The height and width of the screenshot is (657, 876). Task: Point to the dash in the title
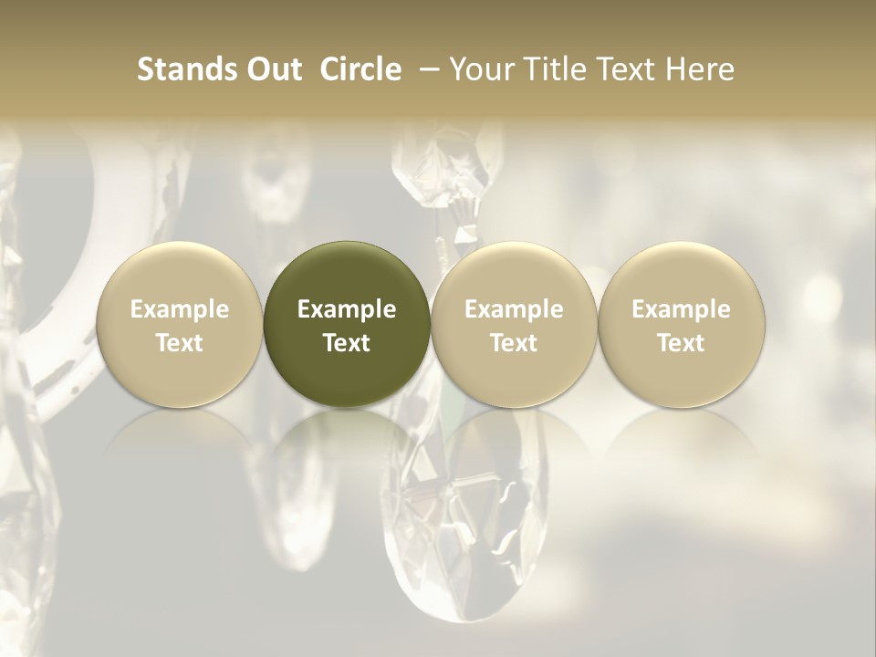[x=426, y=70]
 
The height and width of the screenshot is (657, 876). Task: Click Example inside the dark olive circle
[x=347, y=309]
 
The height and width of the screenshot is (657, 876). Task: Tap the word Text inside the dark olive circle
[x=347, y=343]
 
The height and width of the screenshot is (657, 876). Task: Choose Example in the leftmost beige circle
[x=180, y=309]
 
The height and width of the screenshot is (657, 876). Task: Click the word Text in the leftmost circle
[x=180, y=343]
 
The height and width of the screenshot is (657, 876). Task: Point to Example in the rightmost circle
[x=681, y=309]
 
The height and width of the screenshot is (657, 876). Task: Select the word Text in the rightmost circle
[x=681, y=343]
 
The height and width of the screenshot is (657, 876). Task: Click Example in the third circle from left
[x=514, y=309]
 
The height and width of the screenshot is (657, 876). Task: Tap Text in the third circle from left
[x=514, y=343]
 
